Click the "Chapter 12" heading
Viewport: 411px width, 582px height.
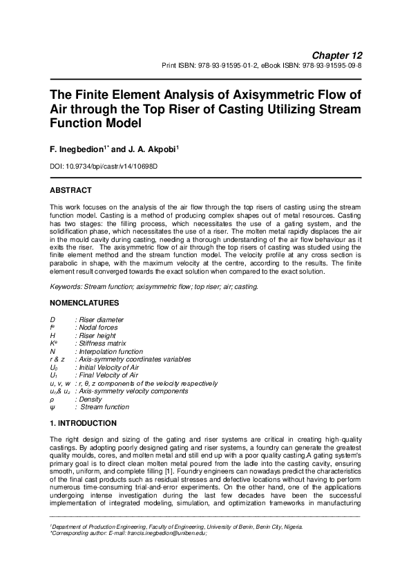click(x=337, y=55)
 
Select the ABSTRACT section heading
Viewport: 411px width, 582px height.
click(x=71, y=189)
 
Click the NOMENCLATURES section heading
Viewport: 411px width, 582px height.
click(x=84, y=302)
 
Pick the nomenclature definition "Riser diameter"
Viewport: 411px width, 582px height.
click(x=102, y=319)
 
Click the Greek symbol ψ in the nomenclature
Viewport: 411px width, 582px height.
click(x=52, y=407)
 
